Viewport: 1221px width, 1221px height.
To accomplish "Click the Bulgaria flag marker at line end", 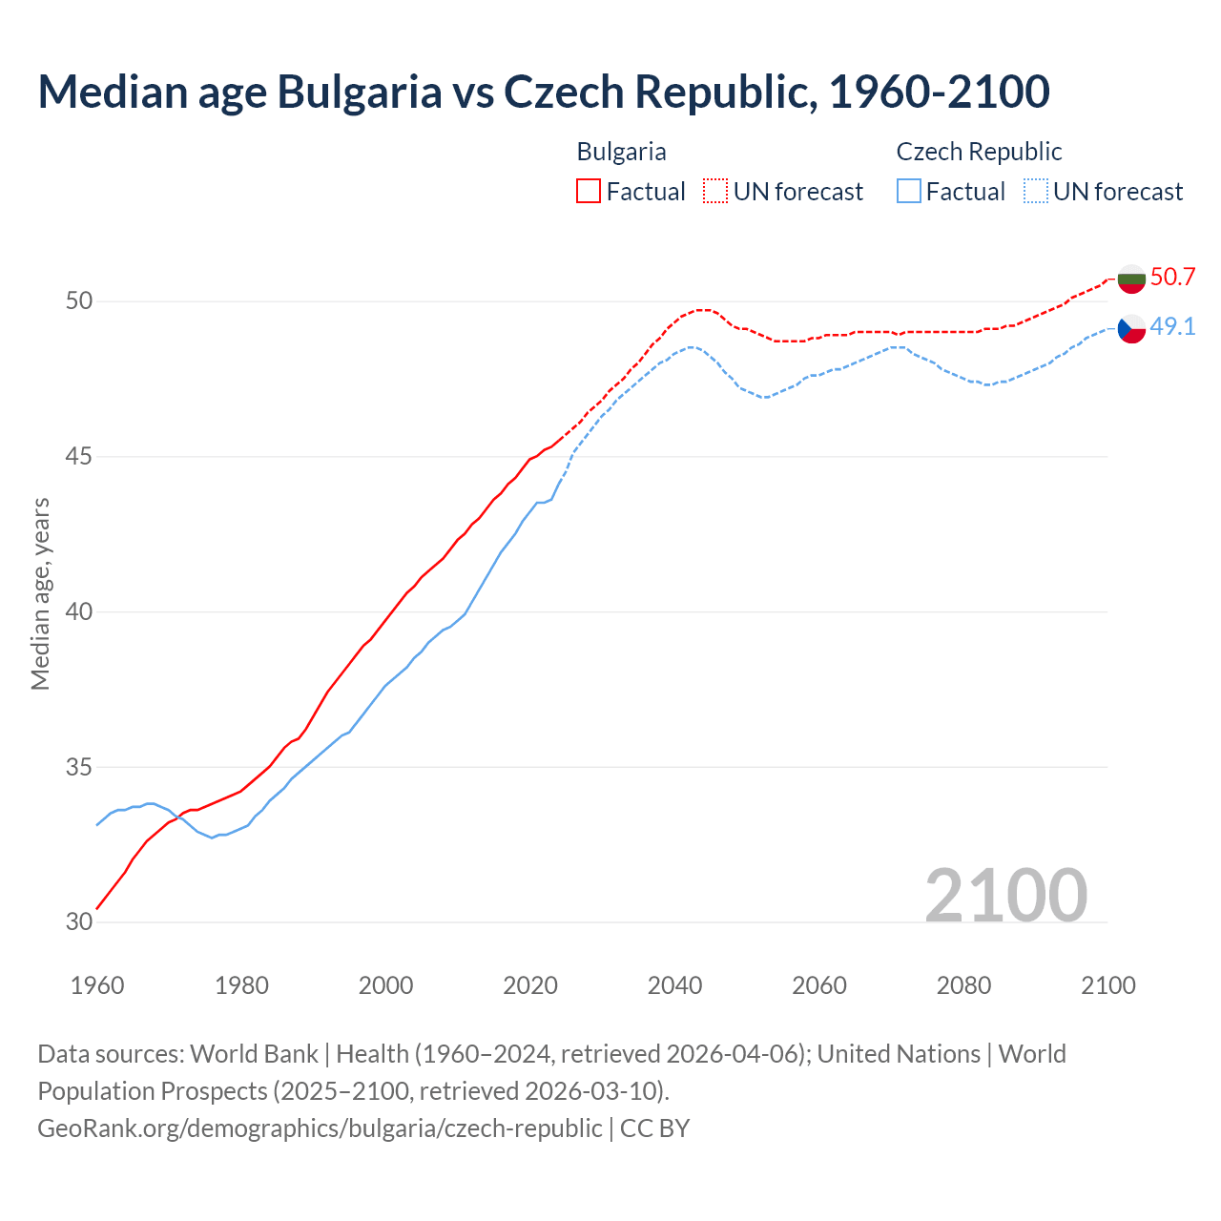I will pos(1131,279).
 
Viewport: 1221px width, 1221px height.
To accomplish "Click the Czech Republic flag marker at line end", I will pos(1131,329).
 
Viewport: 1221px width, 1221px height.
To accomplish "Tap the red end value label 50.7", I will pos(1172,278).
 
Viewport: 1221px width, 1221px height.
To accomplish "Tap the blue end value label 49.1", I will pos(1172,327).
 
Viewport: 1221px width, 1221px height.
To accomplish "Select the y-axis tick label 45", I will pos(79,457).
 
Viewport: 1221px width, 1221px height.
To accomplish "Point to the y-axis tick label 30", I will pos(79,922).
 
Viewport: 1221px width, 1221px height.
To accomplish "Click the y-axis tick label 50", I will pos(79,301).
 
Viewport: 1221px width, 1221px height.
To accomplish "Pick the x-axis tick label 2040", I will pos(674,985).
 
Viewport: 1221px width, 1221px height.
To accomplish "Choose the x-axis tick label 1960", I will pos(97,985).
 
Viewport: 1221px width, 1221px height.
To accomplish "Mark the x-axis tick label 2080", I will pos(963,985).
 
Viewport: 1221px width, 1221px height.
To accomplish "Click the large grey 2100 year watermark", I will pos(1005,895).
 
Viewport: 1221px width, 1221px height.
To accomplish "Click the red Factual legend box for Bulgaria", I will pos(589,192).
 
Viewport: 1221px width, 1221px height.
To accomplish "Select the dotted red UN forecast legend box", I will pos(715,192).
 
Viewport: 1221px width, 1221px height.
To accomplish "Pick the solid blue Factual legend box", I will pos(909,192).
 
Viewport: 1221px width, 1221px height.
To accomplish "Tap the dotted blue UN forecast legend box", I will pos(1036,192).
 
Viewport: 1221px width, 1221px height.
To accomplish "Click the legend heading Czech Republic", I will pos(979,152).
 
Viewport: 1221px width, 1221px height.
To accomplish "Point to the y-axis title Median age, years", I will pos(40,593).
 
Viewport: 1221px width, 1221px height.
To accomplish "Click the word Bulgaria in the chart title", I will pos(360,92).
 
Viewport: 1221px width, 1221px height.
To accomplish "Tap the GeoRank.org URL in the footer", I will pos(320,1128).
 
